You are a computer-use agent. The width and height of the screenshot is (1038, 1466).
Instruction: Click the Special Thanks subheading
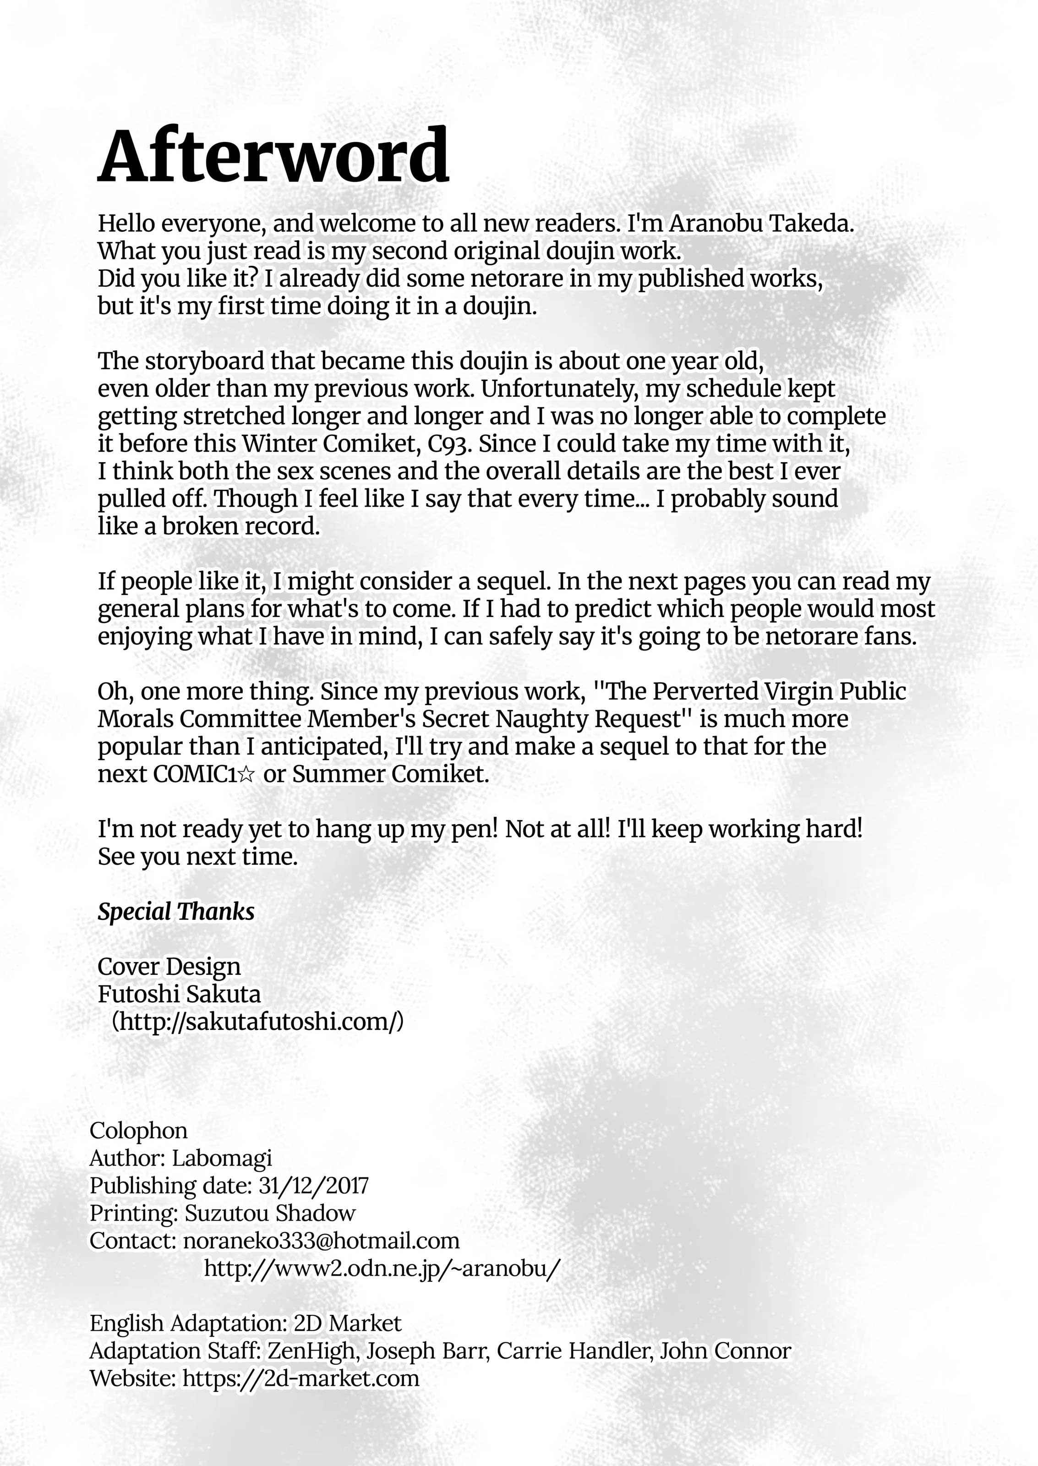(x=176, y=911)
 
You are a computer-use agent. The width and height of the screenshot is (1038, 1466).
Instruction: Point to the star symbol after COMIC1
(x=247, y=775)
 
